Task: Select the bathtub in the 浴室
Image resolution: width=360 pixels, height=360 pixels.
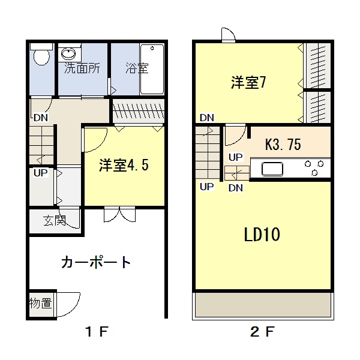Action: [x=152, y=70]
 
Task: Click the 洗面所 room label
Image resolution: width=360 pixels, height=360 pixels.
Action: [x=82, y=68]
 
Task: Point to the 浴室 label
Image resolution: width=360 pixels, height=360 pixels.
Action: [x=137, y=68]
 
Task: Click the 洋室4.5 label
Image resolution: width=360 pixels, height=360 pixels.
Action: [x=124, y=165]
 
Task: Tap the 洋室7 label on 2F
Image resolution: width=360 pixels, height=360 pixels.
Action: [x=248, y=82]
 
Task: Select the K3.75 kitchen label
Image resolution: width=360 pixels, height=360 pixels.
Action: [x=283, y=145]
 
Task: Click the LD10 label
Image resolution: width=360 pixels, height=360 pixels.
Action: [x=262, y=235]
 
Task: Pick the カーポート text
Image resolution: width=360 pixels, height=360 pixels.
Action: [x=96, y=263]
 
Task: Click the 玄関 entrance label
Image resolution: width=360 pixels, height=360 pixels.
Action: [x=55, y=220]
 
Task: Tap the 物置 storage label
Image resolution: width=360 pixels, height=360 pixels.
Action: [x=41, y=303]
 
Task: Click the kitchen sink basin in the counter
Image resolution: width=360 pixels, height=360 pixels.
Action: [x=272, y=169]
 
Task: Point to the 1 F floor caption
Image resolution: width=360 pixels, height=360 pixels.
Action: [x=97, y=332]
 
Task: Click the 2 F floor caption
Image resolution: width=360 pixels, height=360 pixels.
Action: [x=262, y=332]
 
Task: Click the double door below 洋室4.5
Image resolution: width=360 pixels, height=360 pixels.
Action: [x=119, y=214]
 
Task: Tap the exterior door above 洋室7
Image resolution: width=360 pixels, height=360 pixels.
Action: [x=229, y=35]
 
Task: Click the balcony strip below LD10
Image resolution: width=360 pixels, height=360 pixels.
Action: [x=263, y=304]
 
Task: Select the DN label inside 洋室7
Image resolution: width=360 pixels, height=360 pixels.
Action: [x=207, y=118]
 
